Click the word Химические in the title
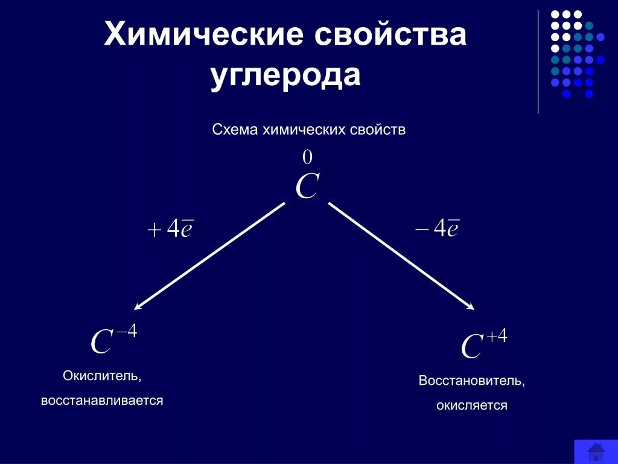[202, 34]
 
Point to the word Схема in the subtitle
[235, 130]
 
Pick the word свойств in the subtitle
[377, 130]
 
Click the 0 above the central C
[307, 158]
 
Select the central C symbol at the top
[307, 187]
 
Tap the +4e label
[170, 228]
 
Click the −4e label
[438, 228]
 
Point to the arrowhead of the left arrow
[138, 306]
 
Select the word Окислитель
[102, 376]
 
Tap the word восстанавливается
[102, 401]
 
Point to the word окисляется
[472, 405]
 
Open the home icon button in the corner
[595, 451]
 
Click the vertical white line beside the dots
[538, 60]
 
